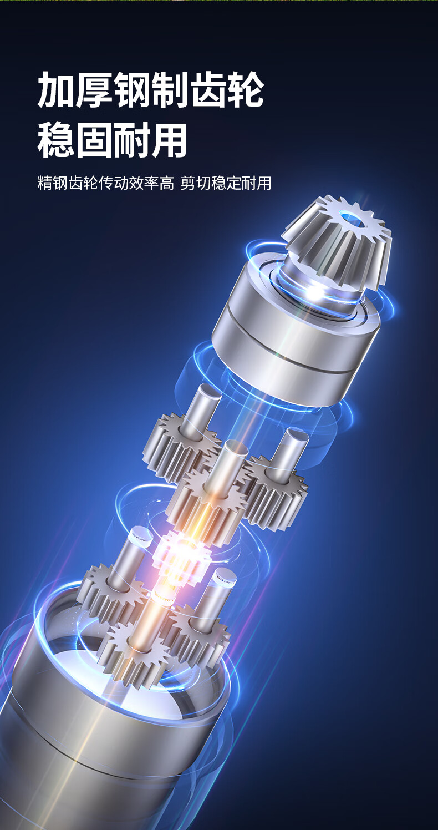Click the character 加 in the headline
click(57, 90)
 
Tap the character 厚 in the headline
click(94, 90)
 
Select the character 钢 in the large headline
click(132, 90)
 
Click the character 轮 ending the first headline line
click(245, 90)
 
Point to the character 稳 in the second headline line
click(57, 140)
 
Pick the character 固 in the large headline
click(94, 140)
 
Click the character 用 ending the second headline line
click(169, 140)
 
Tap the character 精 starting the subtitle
click(45, 183)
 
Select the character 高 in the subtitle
click(167, 183)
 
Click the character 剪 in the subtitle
click(188, 183)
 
